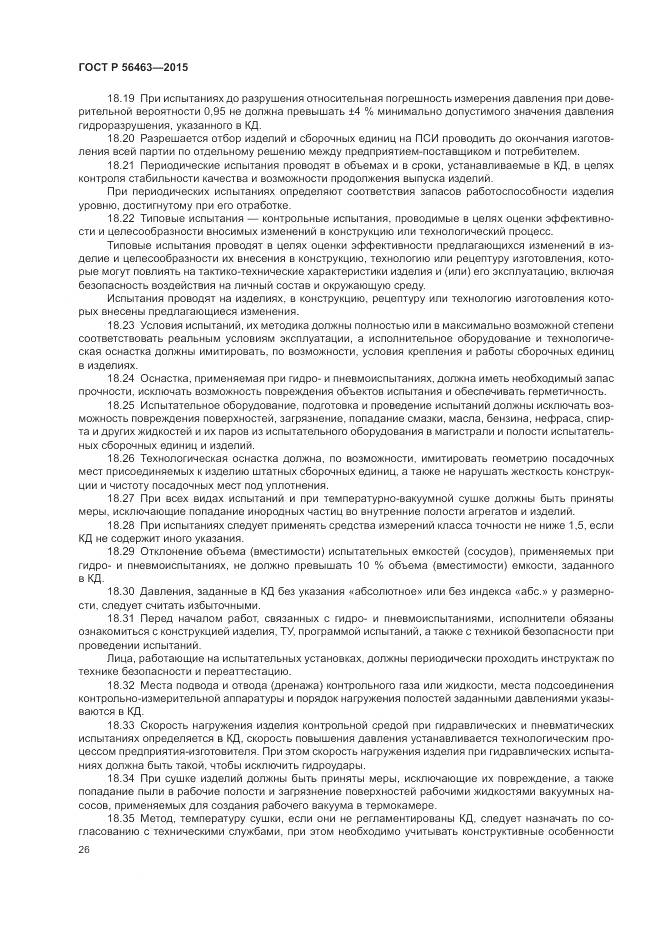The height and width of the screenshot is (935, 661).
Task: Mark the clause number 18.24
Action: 121,380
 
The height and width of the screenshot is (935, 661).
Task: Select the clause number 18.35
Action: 121,821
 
